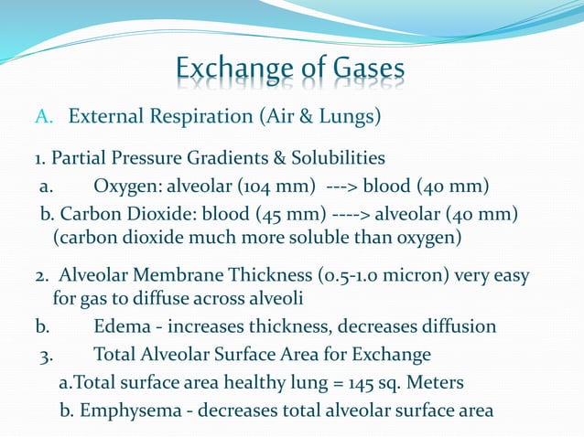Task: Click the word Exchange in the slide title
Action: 228,69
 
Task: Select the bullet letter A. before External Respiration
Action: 46,118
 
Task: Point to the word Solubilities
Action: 336,158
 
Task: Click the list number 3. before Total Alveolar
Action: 46,355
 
